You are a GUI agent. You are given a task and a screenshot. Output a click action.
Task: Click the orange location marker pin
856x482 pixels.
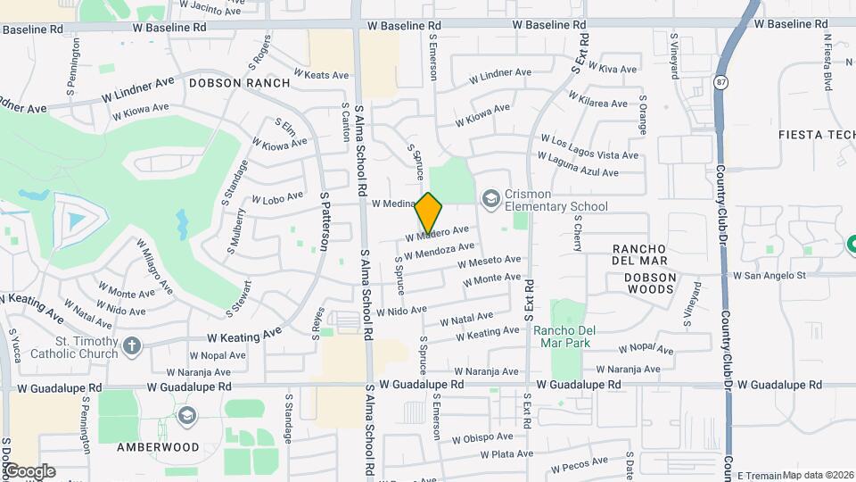429,213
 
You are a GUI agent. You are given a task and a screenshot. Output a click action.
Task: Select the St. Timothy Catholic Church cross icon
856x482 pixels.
132,345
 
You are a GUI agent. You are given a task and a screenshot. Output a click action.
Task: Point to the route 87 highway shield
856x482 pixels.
720,82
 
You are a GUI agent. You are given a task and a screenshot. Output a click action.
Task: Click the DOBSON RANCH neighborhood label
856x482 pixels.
239,83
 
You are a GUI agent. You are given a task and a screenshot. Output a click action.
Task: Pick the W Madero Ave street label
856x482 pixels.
436,233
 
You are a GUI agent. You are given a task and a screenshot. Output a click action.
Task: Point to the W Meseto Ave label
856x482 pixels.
489,261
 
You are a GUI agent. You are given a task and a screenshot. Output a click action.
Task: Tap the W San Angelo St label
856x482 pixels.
769,276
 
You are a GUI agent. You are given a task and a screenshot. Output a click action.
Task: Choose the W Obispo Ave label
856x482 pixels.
482,437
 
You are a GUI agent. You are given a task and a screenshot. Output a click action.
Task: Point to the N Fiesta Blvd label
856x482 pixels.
827,62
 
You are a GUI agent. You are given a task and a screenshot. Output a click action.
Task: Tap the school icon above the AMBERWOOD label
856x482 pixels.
186,416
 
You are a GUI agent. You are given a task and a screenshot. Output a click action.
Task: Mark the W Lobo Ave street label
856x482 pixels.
279,196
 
